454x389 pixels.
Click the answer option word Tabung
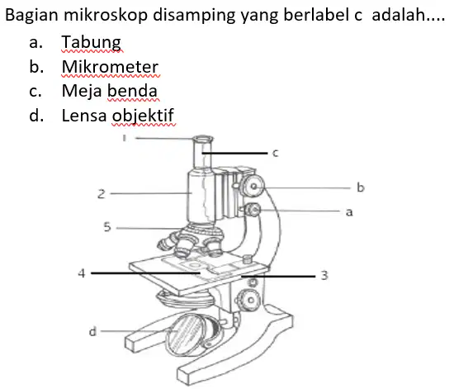(x=91, y=43)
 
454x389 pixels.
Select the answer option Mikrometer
(x=110, y=67)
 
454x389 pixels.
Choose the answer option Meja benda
(x=110, y=91)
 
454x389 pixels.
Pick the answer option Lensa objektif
(x=117, y=116)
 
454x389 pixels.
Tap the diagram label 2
(x=101, y=194)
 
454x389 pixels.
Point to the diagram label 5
(x=107, y=227)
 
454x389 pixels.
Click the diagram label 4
(x=82, y=273)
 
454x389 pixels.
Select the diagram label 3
(x=324, y=275)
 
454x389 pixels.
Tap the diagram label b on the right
(x=360, y=187)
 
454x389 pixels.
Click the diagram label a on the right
(x=349, y=212)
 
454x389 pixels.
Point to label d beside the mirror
(x=92, y=331)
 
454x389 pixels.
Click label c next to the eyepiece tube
(x=276, y=153)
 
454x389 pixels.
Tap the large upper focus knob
(x=253, y=187)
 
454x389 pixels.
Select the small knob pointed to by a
(x=253, y=210)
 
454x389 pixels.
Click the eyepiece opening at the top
(x=203, y=139)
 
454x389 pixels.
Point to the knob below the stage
(x=249, y=300)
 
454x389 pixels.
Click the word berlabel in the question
(x=317, y=15)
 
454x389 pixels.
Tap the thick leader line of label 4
(x=145, y=273)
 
